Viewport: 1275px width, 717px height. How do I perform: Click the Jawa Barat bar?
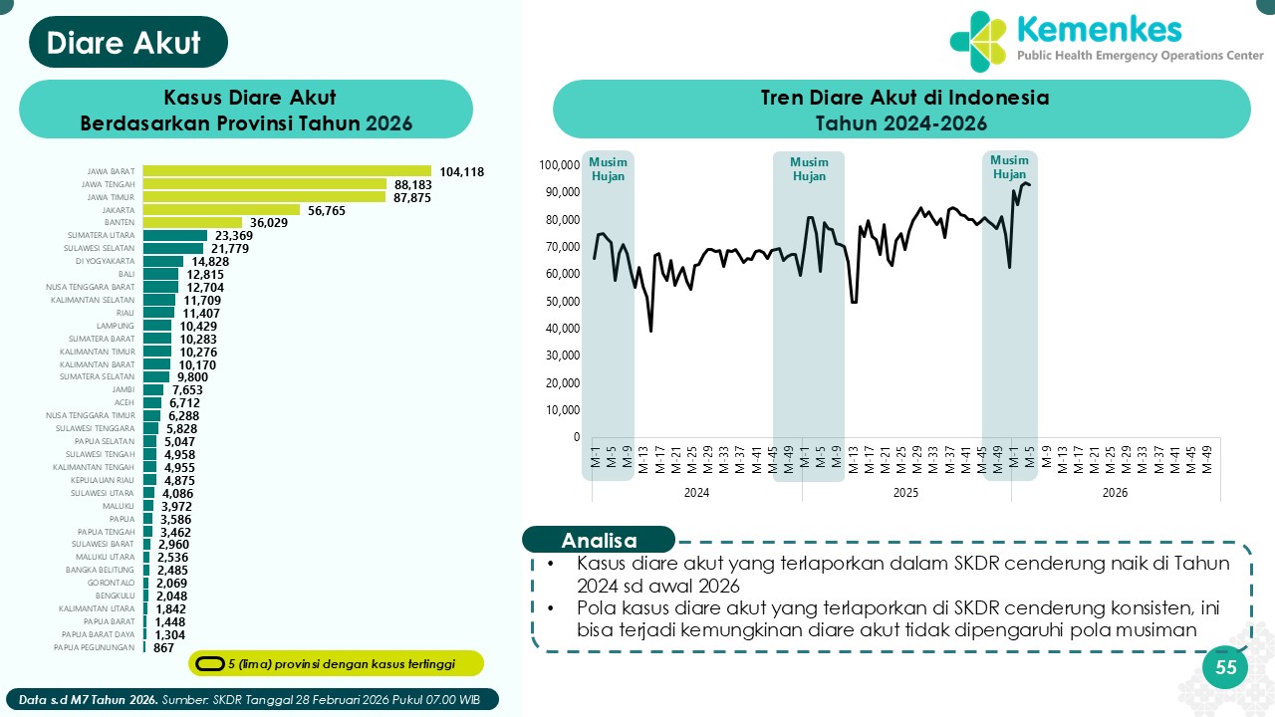click(x=287, y=171)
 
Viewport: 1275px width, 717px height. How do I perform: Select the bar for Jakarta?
click(x=221, y=210)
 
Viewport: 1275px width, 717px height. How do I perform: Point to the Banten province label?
click(x=120, y=223)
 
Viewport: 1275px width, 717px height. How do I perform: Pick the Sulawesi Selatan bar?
click(x=173, y=249)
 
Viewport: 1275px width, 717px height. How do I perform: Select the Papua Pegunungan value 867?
click(x=163, y=647)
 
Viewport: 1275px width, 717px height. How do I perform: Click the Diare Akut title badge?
click(x=126, y=43)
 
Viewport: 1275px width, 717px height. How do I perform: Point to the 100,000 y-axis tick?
click(x=559, y=165)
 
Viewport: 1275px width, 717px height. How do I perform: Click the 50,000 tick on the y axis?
click(x=562, y=301)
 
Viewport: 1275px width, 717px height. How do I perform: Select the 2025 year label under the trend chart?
click(x=905, y=493)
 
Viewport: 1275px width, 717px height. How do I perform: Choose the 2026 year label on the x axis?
click(x=1115, y=493)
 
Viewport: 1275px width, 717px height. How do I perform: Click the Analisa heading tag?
click(x=599, y=541)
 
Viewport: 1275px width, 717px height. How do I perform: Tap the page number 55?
click(x=1225, y=667)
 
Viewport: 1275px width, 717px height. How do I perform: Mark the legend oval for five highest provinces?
click(x=209, y=664)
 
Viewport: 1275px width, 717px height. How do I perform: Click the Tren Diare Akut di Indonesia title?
click(x=901, y=99)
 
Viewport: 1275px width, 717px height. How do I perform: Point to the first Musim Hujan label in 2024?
click(x=608, y=168)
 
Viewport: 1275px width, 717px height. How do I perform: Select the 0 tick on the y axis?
click(x=575, y=437)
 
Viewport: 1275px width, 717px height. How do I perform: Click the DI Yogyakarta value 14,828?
click(x=211, y=262)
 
